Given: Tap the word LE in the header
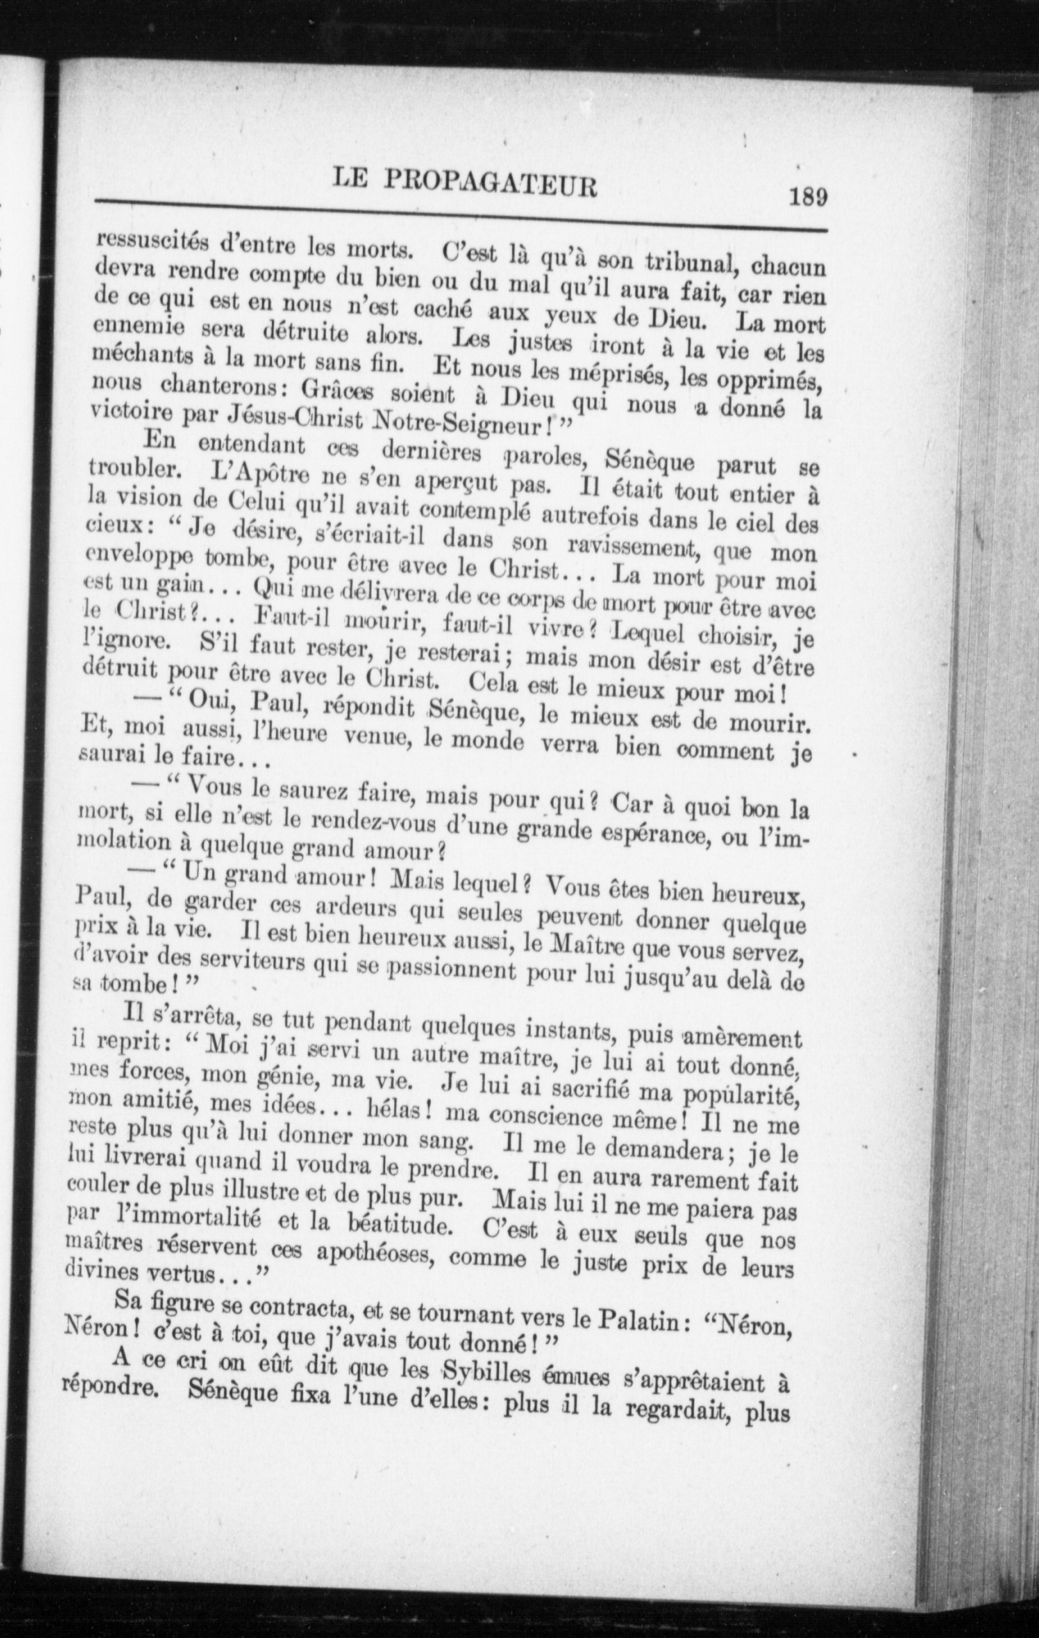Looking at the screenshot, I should (351, 180).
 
